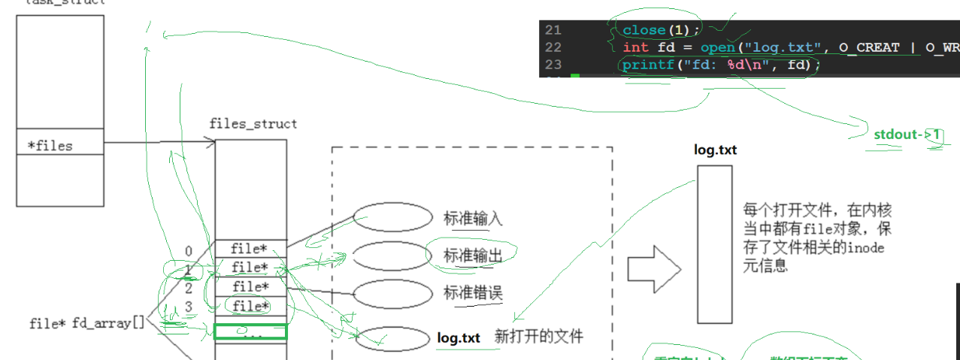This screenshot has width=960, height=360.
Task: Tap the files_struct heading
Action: pyautogui.click(x=253, y=124)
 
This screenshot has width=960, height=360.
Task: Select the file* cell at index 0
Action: pyautogui.click(x=250, y=248)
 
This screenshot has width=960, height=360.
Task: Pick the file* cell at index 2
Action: pyautogui.click(x=250, y=286)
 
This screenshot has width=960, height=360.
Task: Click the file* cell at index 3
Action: pyautogui.click(x=250, y=306)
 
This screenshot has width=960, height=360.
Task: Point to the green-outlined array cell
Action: pyautogui.click(x=250, y=331)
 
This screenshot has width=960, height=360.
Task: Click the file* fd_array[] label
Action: pyautogui.click(x=86, y=323)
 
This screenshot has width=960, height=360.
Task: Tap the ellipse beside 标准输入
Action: pyautogui.click(x=392, y=217)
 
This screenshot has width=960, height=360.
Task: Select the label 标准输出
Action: pyautogui.click(x=473, y=256)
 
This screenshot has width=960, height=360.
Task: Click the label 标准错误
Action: pyautogui.click(x=473, y=293)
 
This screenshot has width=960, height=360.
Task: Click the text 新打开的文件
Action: pyautogui.click(x=538, y=337)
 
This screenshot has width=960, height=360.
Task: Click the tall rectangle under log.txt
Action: pyautogui.click(x=714, y=244)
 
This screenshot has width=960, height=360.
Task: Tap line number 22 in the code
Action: pyautogui.click(x=553, y=47)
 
